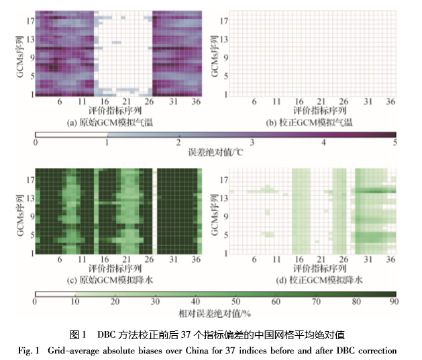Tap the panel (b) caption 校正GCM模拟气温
coord(302,122)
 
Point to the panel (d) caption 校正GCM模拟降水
coord(302,279)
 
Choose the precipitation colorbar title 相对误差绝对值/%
coord(215,314)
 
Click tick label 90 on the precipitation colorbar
coord(394,303)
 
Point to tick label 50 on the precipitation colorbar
coord(235,303)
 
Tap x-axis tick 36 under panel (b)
coord(387,101)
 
